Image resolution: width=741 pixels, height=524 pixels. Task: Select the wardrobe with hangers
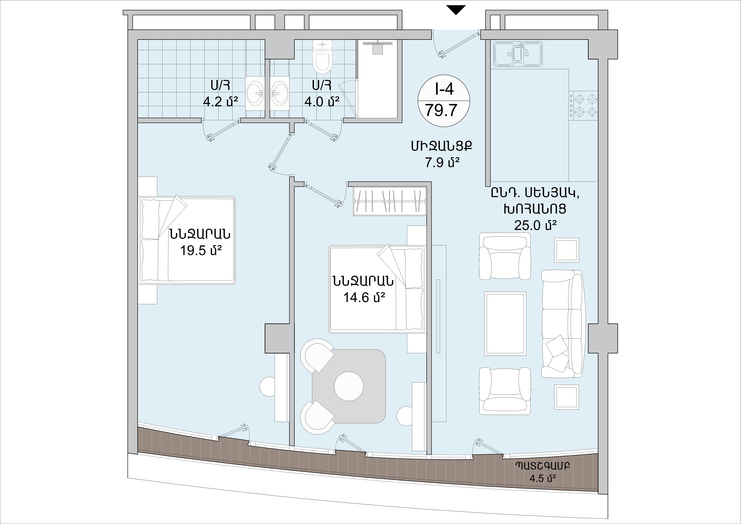tap(390, 201)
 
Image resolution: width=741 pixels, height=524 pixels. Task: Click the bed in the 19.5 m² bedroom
tap(187, 241)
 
